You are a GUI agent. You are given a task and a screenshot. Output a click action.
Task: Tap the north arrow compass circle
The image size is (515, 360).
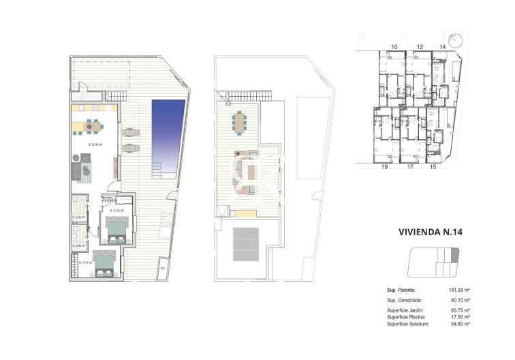454,38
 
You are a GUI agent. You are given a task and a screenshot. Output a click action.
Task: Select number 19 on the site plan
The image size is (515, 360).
385,166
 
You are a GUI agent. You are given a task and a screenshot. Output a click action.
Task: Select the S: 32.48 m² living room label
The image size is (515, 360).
95,145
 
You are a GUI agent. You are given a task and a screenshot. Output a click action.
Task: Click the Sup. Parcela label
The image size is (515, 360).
401,290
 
